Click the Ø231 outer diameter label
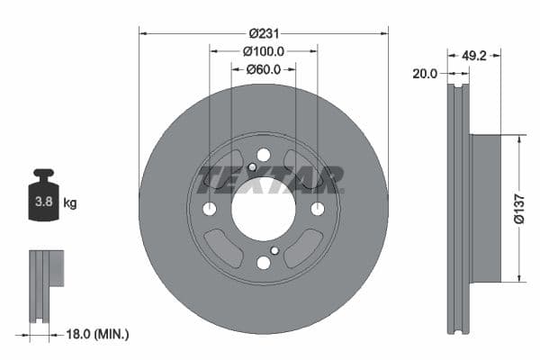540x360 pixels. pos(263,33)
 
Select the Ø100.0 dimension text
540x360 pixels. pos(263,51)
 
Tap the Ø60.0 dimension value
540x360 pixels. pos(263,69)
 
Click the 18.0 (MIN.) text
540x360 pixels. pos(99,334)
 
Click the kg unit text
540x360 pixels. pos(70,203)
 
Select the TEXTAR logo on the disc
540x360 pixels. pos(270,179)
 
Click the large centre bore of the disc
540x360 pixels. pos(263,208)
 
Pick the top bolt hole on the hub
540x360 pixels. pos(263,155)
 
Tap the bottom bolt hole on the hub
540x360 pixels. pos(263,262)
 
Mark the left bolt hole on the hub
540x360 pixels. pos(210,209)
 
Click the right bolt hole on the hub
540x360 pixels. pos(317,209)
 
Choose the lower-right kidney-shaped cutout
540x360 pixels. pos(304,246)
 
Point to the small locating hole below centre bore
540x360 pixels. pos(274,250)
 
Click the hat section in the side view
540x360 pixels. pos(486,208)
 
